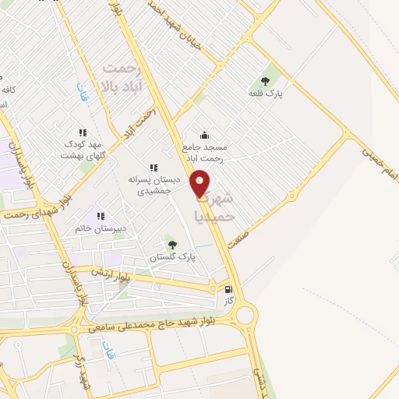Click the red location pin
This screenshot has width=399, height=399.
click(200, 182)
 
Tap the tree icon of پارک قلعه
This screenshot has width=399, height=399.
click(265, 80)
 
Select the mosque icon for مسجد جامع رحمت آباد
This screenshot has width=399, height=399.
click(204, 135)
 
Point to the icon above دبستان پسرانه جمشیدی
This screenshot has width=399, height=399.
click(154, 168)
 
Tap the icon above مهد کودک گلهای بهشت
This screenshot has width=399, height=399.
click(83, 133)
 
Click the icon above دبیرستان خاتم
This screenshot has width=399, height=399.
click(99, 216)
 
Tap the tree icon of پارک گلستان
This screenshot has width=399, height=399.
click(172, 244)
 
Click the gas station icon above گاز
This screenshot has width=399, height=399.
click(228, 288)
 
